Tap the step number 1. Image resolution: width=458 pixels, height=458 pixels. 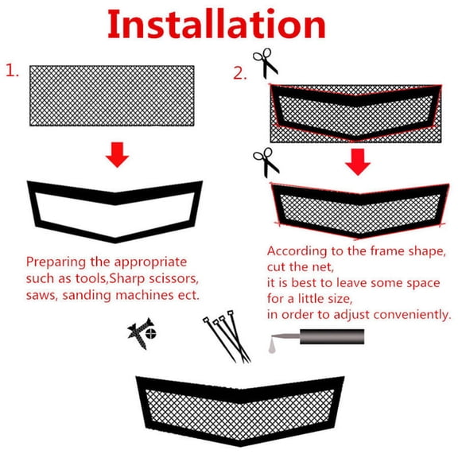(x=13, y=71)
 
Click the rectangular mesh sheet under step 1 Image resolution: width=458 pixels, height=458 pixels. (x=111, y=95)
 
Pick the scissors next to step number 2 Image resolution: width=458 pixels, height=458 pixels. (x=266, y=63)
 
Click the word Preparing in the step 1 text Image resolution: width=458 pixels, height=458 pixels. (x=55, y=262)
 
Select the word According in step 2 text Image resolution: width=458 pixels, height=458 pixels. (x=297, y=250)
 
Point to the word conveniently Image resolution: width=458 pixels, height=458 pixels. (x=411, y=315)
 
